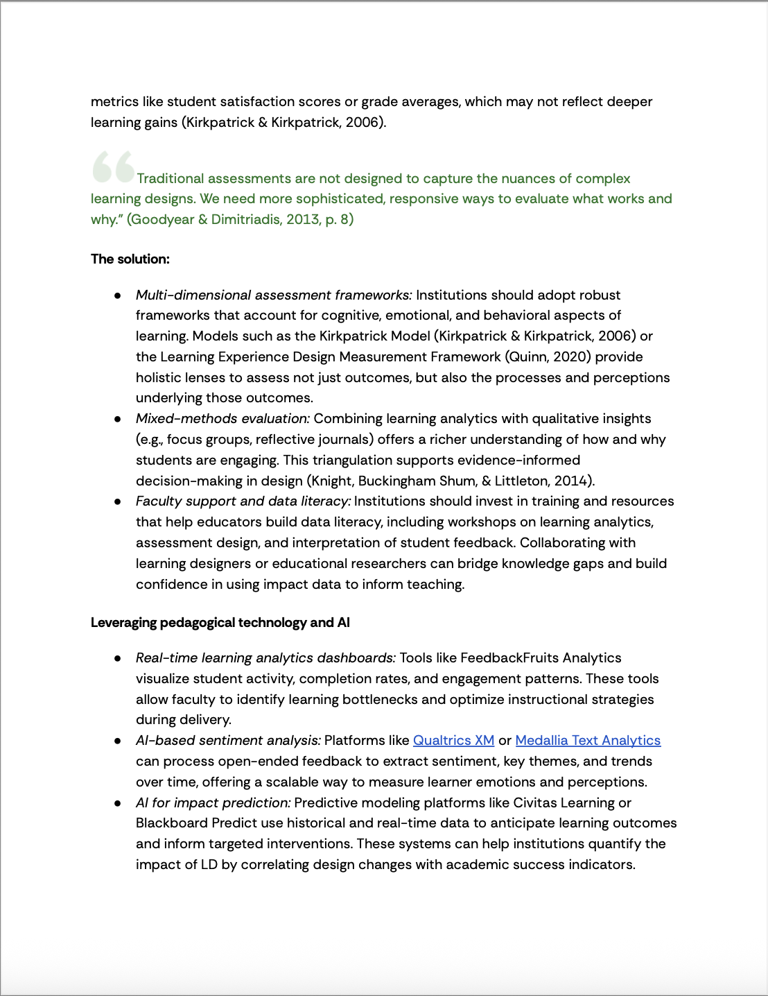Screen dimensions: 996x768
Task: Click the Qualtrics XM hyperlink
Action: tap(453, 740)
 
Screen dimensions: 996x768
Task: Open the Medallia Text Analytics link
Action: tap(588, 740)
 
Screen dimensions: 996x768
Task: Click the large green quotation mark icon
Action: tap(114, 166)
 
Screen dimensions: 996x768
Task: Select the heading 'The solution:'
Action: tap(130, 259)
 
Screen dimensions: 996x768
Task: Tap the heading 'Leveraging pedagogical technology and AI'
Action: tap(220, 622)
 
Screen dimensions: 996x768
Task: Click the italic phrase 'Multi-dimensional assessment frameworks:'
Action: tap(274, 295)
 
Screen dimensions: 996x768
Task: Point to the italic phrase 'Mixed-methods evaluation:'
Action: tap(222, 418)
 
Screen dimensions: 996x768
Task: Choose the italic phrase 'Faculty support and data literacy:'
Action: tap(243, 501)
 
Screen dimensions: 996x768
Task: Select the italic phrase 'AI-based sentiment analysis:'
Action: tap(228, 740)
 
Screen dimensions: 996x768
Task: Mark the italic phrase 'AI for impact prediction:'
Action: tap(213, 802)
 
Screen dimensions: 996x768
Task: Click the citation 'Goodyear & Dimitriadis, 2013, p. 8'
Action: tap(240, 219)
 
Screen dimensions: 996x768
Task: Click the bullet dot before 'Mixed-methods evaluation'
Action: tap(119, 419)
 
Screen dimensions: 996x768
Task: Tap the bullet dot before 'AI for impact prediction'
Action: tap(119, 803)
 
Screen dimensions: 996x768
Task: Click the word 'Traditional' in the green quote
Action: tap(171, 178)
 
